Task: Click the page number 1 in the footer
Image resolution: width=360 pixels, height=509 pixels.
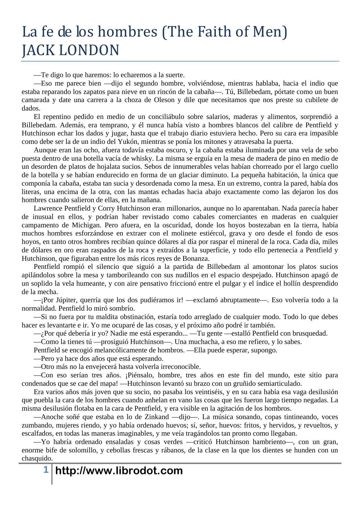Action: tap(46, 470)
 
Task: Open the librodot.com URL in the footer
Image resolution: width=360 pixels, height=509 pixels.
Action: tap(119, 470)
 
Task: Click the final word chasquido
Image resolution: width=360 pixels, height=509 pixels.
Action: tap(37, 459)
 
